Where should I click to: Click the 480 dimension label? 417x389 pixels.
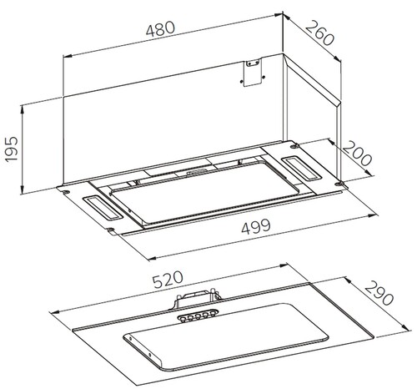click(161, 29)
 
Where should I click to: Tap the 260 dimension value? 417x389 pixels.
click(319, 33)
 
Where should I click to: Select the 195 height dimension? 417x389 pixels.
click(12, 149)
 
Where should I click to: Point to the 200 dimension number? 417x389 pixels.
click(357, 154)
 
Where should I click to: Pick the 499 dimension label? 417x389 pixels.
click(256, 227)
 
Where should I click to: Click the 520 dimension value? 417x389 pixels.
click(168, 280)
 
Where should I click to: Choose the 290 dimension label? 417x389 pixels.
click(379, 293)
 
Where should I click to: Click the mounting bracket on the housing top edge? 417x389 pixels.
click(253, 72)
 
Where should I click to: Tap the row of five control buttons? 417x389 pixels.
click(197, 316)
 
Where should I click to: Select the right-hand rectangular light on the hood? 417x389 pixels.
click(301, 168)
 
